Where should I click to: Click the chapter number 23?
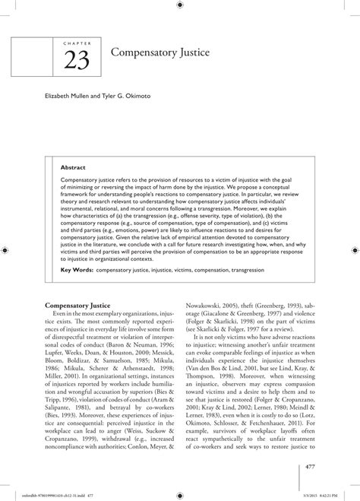(76, 61)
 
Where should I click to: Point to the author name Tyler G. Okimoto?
(137, 97)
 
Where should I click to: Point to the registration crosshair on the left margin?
(6, 249)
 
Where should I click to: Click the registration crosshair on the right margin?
(353, 249)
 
